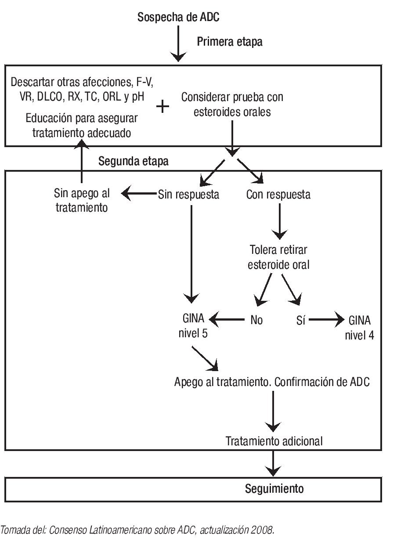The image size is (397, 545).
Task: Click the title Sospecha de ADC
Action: (x=178, y=18)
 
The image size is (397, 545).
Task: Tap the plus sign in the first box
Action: (x=163, y=106)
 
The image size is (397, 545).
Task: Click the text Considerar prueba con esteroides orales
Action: (x=232, y=104)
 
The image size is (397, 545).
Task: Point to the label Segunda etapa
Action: (x=133, y=161)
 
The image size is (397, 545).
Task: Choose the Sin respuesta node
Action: (x=188, y=195)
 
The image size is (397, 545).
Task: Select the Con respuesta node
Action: (x=278, y=195)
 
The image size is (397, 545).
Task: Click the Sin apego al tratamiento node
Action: (x=82, y=200)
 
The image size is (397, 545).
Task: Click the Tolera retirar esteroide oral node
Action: (x=278, y=257)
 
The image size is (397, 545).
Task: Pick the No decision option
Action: (x=256, y=320)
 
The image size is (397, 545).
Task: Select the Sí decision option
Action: (x=301, y=320)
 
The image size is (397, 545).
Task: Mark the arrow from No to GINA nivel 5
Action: (x=227, y=319)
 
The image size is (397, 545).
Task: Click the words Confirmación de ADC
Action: (x=322, y=382)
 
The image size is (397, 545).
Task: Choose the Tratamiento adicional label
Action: (x=274, y=440)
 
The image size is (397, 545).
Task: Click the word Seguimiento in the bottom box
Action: (x=274, y=488)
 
